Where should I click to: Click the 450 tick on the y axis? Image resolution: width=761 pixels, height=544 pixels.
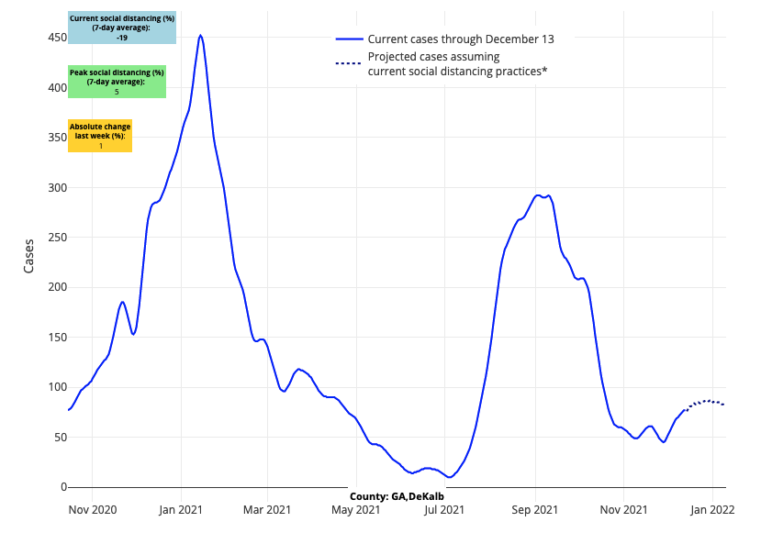pyautogui.click(x=57, y=38)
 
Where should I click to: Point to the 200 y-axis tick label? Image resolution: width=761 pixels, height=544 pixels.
pyautogui.click(x=57, y=287)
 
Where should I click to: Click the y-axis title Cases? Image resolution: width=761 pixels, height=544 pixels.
pyautogui.click(x=29, y=256)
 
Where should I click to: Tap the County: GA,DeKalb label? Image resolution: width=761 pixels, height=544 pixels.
pyautogui.click(x=397, y=496)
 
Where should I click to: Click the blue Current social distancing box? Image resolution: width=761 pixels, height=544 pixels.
pyautogui.click(x=122, y=28)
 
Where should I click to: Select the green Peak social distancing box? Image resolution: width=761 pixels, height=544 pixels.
pyautogui.click(x=117, y=82)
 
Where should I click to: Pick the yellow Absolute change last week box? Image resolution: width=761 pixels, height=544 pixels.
pyautogui.click(x=100, y=136)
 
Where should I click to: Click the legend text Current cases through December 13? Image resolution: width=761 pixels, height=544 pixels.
pyautogui.click(x=460, y=39)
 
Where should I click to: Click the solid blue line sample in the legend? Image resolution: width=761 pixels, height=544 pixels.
pyautogui.click(x=350, y=39)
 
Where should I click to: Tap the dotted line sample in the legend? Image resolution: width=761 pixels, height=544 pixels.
pyautogui.click(x=350, y=63)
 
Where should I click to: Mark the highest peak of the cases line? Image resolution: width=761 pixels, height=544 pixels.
pyautogui.click(x=200, y=36)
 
